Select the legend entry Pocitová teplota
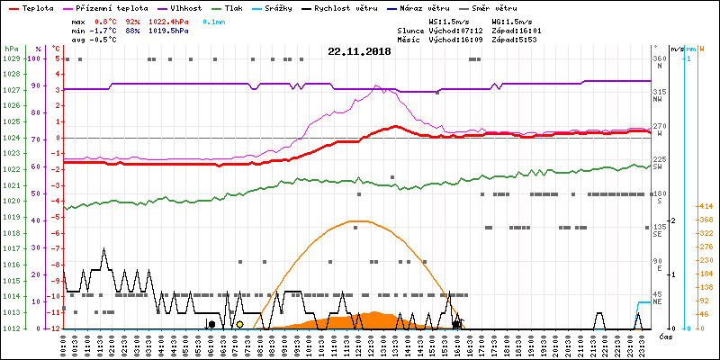(109, 7)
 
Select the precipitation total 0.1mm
(214, 20)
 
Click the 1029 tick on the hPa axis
(11, 58)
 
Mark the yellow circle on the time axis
(239, 324)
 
